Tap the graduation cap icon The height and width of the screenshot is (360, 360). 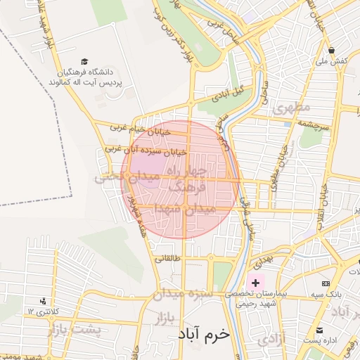point(85,62)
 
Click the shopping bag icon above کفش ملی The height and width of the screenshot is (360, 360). point(332,51)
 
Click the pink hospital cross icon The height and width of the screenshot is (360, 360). point(255,283)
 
